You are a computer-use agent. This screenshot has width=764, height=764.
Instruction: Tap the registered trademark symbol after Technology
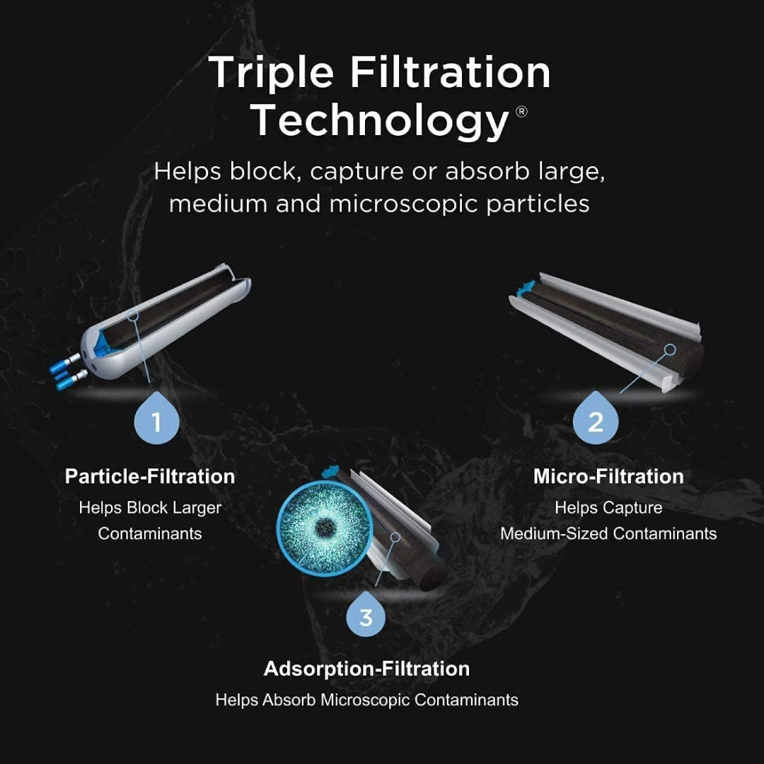coord(521,112)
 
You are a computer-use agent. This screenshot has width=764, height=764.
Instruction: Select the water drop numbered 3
coord(365,613)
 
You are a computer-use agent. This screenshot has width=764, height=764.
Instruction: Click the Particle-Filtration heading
coord(150,476)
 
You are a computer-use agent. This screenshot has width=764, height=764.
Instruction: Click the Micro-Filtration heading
coord(608,476)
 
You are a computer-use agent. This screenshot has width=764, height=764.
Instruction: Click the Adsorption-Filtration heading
coord(366,668)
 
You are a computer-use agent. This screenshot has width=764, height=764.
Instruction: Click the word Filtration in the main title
coord(450,73)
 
